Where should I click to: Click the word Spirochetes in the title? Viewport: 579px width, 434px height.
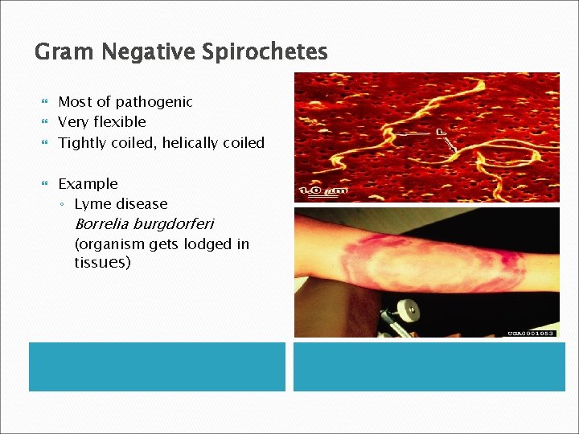point(265,53)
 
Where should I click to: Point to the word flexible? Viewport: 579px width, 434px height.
point(120,122)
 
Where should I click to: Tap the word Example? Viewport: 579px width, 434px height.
point(88,184)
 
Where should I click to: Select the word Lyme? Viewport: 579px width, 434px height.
point(92,204)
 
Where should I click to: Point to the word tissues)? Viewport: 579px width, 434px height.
point(102,263)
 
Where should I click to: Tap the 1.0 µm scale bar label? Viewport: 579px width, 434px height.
point(324,190)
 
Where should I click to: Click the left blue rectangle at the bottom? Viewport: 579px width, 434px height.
point(157,366)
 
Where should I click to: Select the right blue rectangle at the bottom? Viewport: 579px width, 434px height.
point(426,366)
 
